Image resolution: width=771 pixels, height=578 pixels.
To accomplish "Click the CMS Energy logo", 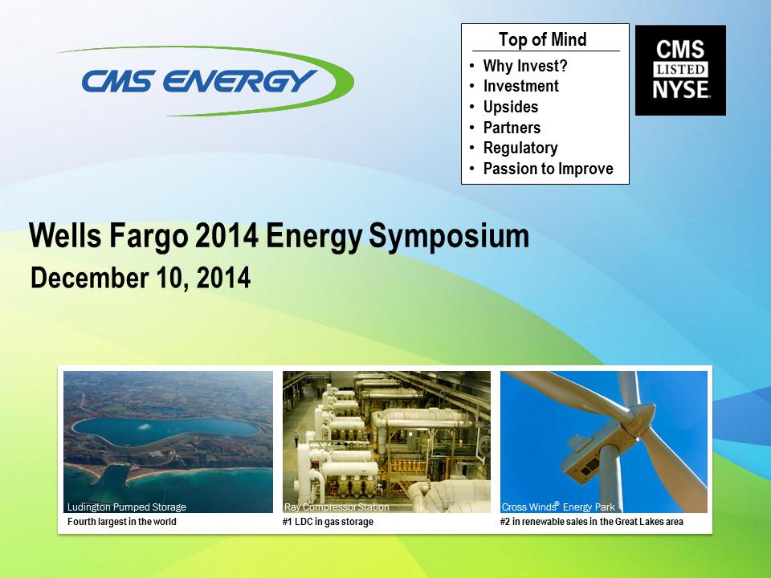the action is pos(206,81).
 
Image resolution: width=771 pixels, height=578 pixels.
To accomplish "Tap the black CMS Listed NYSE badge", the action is pos(680,71).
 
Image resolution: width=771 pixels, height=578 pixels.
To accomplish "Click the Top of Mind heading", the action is pos(542,39).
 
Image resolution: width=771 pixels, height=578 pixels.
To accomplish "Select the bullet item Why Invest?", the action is pos(525,66).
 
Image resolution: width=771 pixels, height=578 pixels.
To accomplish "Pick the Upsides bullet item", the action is pos(511,107).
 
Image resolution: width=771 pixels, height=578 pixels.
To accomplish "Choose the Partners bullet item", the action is pos(512,128).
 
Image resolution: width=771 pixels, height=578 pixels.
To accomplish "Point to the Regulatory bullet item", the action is pos(520,148).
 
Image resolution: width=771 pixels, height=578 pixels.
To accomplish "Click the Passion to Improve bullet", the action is pos(549,169).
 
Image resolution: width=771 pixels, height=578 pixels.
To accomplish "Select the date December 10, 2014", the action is pos(141,278).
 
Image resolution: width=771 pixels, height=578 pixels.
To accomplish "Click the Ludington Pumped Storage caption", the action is pos(127,507).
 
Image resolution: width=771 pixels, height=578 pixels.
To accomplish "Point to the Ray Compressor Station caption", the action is pos(337,507).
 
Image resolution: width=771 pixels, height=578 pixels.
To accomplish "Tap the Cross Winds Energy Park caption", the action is pos(558,507).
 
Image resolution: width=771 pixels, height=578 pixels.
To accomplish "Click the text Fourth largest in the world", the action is pos(122,522).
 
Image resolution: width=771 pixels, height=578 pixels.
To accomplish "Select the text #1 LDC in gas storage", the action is pos(328,522).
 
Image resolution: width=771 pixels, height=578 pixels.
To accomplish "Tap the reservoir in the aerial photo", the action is pos(165,430).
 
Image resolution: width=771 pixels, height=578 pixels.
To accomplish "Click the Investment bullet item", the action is pos(521,86).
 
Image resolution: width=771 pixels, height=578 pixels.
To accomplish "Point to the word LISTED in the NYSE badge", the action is pos(680,69).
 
